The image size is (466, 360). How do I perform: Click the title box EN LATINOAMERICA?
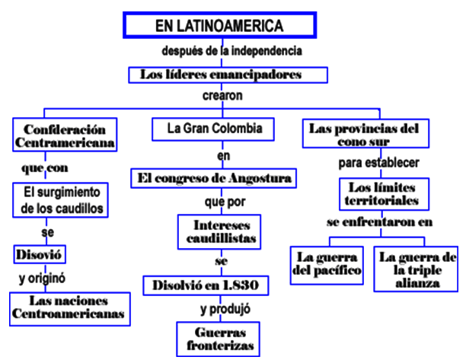[x=219, y=25]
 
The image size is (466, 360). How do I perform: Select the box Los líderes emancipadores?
[x=228, y=75]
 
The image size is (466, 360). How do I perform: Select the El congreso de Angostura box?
[x=212, y=179]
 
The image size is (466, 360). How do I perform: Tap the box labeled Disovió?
[x=37, y=252]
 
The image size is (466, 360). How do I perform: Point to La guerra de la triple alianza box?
[x=417, y=269]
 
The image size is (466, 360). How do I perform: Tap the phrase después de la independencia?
[x=233, y=52]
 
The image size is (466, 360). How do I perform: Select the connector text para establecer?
[x=379, y=162]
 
